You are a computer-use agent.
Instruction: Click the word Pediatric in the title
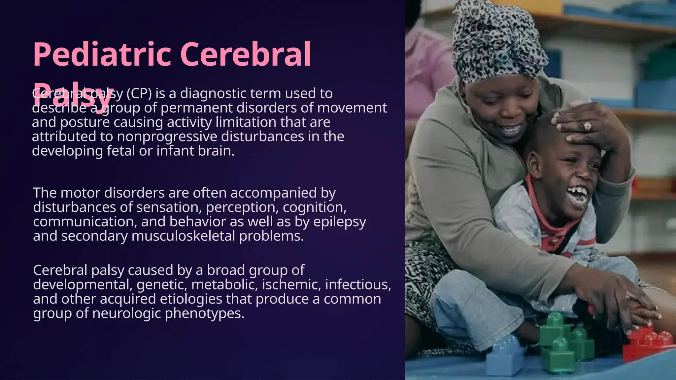tap(102, 54)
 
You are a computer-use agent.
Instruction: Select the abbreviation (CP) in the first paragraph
tap(139, 93)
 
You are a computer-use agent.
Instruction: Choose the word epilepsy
tap(340, 222)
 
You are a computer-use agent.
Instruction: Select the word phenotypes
tap(204, 313)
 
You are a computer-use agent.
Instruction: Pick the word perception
tap(242, 207)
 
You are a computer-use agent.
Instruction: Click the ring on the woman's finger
tap(588, 126)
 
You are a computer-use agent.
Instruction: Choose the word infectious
tap(358, 284)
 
